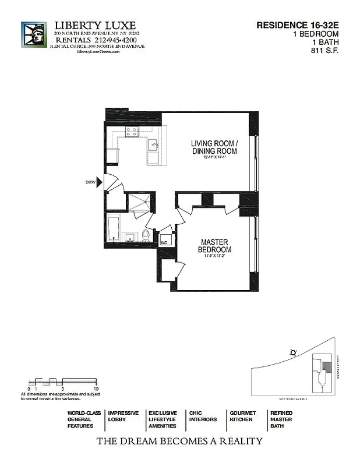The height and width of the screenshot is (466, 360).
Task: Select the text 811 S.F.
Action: pyautogui.click(x=325, y=50)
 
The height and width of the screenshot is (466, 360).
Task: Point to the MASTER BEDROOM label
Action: pyautogui.click(x=214, y=245)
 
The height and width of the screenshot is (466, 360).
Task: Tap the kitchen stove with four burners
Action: pyautogui.click(x=131, y=132)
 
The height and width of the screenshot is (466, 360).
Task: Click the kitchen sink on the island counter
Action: pyautogui.click(x=153, y=144)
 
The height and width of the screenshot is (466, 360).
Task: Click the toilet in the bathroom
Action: pyautogui.click(x=146, y=235)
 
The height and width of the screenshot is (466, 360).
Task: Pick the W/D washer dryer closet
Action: pyautogui.click(x=165, y=241)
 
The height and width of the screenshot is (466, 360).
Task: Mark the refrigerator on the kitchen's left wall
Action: pyautogui.click(x=112, y=156)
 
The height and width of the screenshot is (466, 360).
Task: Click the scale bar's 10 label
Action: pyautogui.click(x=95, y=388)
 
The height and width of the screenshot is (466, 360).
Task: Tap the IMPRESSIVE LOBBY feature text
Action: pyautogui.click(x=123, y=416)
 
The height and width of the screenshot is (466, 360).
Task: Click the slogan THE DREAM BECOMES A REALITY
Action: pyautogui.click(x=179, y=441)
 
